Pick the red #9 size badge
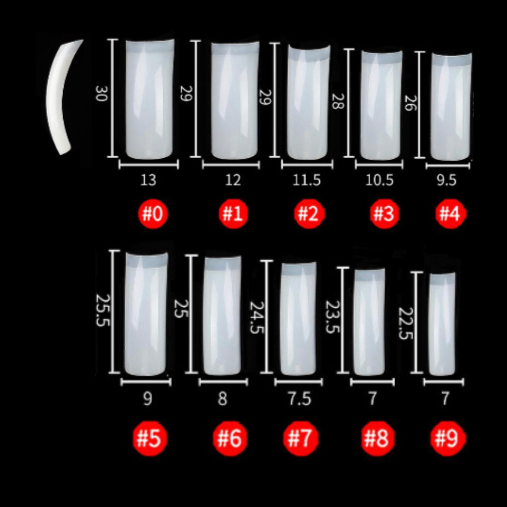pos(447,439)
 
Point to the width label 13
pos(148,180)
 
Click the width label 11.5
pos(307,180)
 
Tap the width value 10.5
pos(380,180)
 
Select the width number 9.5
pos(446,180)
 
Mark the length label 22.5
pos(406,324)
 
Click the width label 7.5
pos(298,399)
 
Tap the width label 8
pos(223,399)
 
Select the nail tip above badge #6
pos(223,316)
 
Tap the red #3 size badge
pos(383,214)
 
